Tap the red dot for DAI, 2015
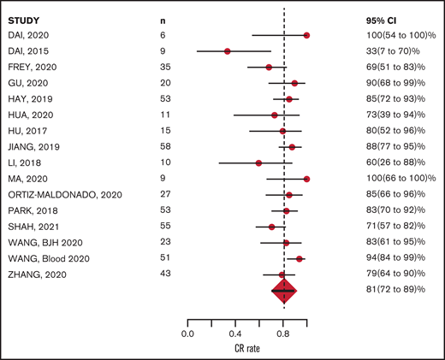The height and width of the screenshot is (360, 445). pyautogui.click(x=228, y=51)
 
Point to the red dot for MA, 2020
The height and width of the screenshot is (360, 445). pyautogui.click(x=306, y=179)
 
